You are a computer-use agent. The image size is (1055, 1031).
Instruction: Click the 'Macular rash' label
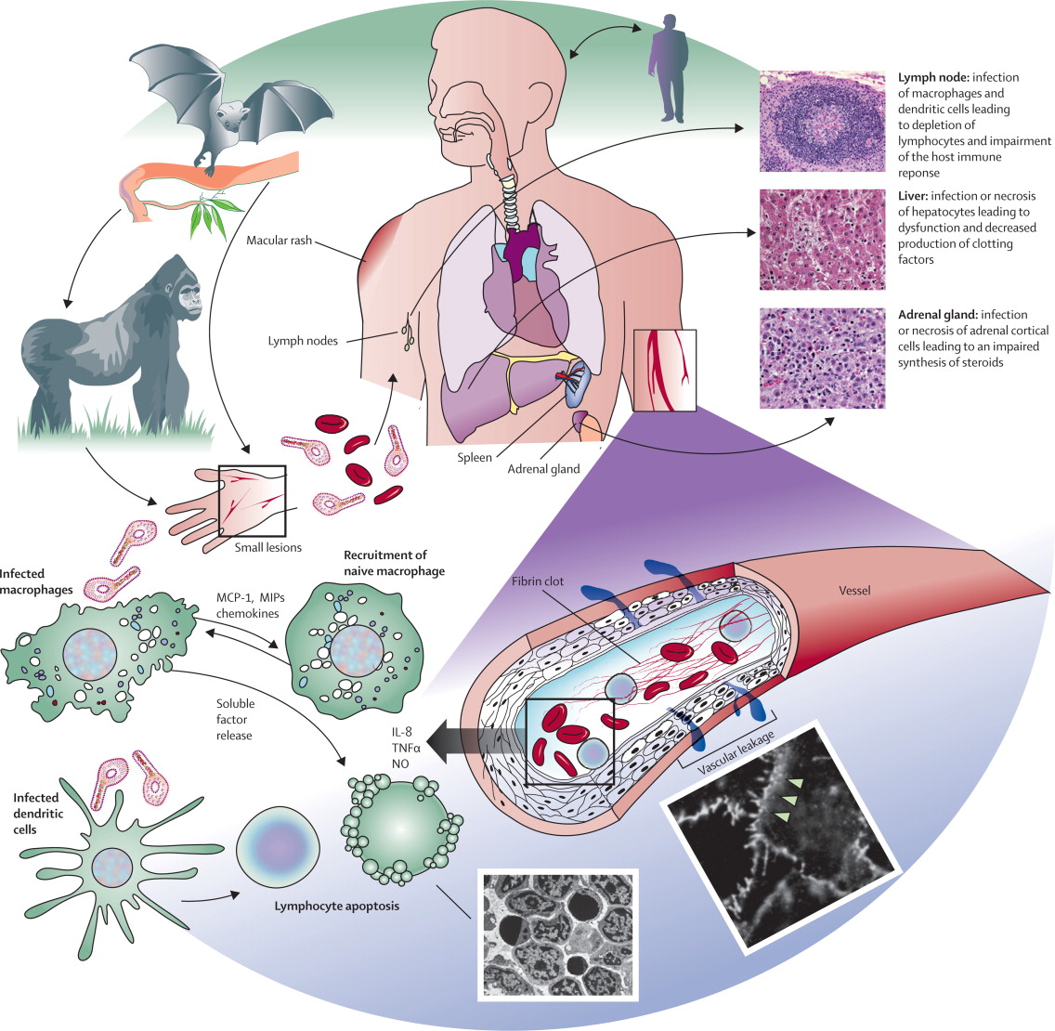click(x=280, y=241)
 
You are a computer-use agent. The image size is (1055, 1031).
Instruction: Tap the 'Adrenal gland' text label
click(x=543, y=469)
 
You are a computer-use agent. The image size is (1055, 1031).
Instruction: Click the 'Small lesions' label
click(x=268, y=547)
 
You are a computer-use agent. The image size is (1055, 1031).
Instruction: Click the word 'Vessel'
click(x=852, y=590)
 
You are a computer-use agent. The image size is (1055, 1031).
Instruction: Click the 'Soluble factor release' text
click(x=235, y=720)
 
